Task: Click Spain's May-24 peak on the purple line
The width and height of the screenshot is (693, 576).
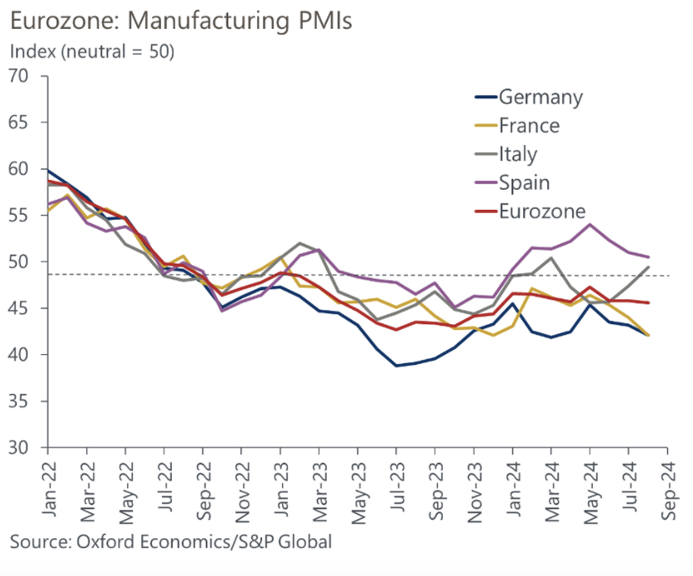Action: (x=590, y=225)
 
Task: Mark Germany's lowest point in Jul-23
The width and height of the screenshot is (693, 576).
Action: (x=396, y=365)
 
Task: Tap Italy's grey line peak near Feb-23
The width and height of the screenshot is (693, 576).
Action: (x=300, y=243)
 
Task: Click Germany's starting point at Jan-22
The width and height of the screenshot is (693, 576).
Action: (x=48, y=170)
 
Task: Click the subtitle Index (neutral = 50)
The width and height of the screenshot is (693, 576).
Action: (x=92, y=52)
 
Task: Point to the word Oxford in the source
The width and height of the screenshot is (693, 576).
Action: (x=105, y=542)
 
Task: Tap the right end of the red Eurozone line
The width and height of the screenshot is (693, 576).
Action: (x=648, y=302)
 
